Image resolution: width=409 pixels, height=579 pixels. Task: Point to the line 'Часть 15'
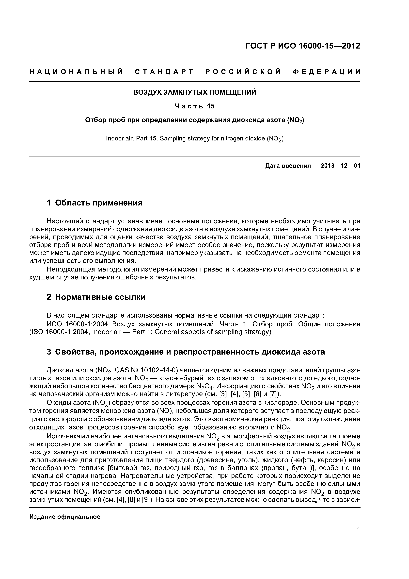[x=195, y=106]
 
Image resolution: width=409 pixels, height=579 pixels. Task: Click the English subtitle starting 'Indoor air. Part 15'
[x=195, y=139]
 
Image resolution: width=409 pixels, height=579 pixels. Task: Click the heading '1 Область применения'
[x=95, y=203]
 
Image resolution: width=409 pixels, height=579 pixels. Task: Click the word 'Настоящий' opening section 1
[x=65, y=221]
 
